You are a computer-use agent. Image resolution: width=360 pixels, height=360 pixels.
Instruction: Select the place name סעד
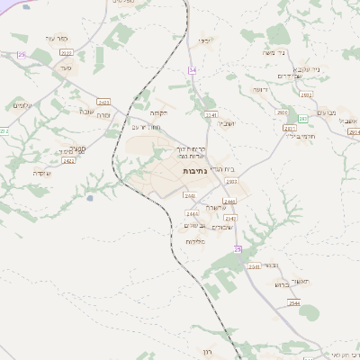point(64,66)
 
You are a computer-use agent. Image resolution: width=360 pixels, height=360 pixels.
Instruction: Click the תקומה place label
point(159,113)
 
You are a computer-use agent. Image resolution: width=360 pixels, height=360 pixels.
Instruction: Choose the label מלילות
point(195,241)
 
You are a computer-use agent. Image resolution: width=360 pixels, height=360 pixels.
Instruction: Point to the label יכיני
point(204,40)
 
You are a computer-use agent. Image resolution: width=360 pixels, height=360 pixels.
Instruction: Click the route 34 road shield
point(193,69)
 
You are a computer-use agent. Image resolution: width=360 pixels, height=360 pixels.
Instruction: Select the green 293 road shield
point(302,119)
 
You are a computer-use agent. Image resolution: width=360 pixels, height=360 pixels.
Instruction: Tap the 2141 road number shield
point(211,115)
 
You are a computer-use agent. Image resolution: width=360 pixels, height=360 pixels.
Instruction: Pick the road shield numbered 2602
point(282,112)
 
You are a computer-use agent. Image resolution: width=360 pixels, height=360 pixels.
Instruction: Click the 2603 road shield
point(231,182)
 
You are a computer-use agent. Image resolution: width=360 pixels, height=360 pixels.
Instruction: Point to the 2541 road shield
point(254,266)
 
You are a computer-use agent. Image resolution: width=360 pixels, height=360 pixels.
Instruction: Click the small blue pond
point(88,197)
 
